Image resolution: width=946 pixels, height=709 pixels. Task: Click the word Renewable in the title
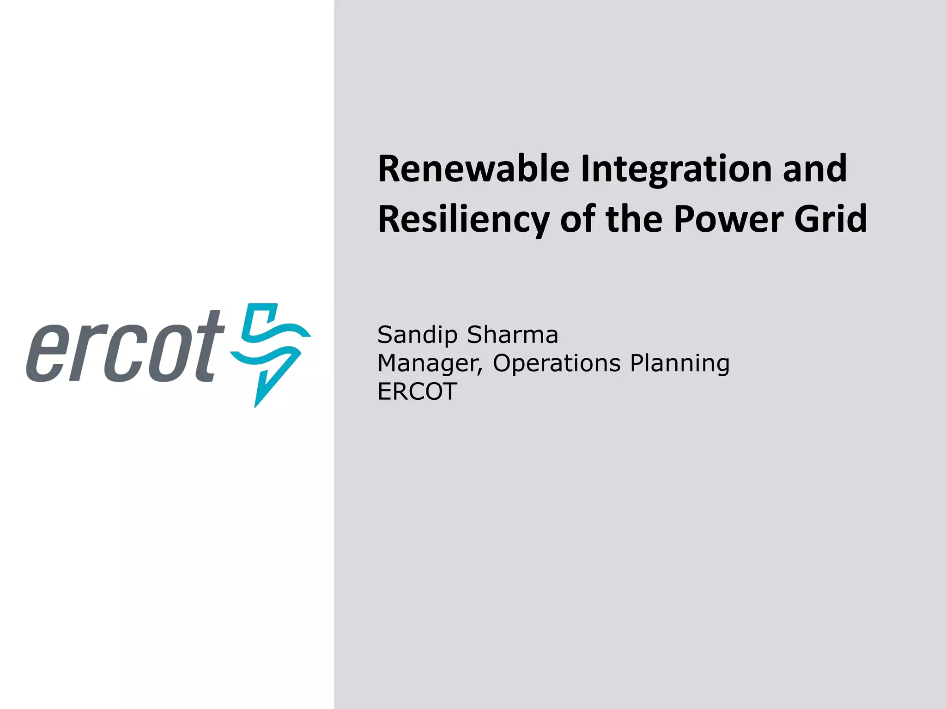473,169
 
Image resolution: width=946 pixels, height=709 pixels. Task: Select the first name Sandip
418,336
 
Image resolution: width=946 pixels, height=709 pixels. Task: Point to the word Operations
557,364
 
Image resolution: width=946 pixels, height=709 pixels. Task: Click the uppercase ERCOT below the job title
417,391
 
